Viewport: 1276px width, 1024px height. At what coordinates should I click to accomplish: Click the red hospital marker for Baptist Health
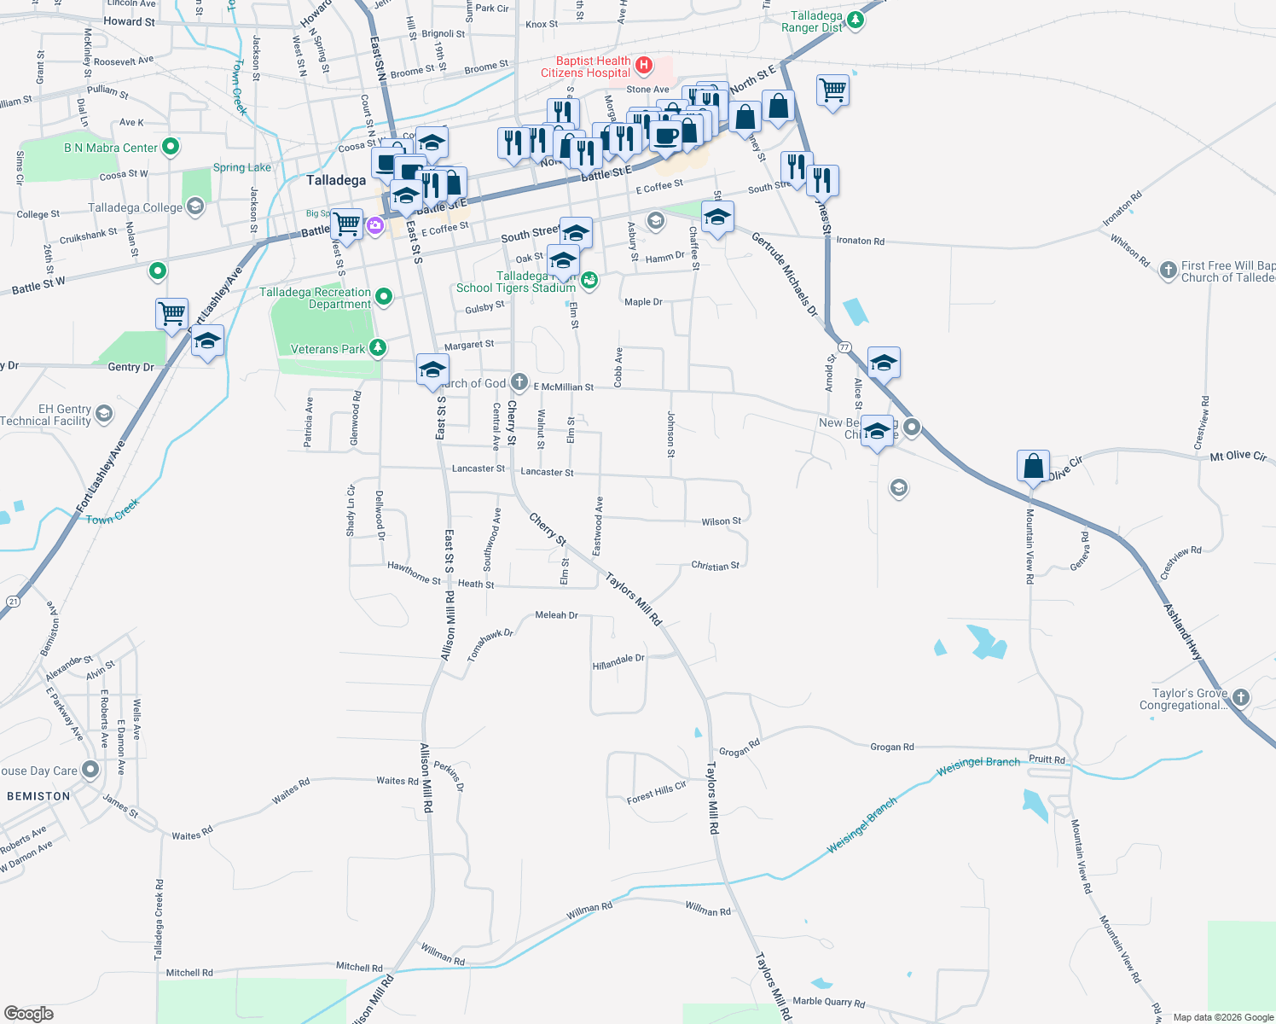coord(644,65)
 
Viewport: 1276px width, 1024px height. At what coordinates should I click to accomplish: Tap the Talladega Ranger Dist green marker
coord(855,19)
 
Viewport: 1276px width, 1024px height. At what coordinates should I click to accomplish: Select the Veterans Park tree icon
coord(377,347)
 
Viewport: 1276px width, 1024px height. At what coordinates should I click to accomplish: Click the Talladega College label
coord(136,207)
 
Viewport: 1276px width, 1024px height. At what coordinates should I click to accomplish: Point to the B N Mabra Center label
coord(111,148)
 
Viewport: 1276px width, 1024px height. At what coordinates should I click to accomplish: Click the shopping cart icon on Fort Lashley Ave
coord(172,313)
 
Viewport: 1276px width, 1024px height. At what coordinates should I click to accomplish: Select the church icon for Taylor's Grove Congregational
coord(1241,697)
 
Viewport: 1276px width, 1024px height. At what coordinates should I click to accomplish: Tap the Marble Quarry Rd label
coord(828,1002)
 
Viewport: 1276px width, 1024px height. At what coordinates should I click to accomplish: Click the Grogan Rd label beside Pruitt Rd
coord(891,747)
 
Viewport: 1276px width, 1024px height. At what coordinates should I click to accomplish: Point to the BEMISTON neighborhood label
coord(38,796)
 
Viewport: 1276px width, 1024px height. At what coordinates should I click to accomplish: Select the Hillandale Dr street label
coord(618,661)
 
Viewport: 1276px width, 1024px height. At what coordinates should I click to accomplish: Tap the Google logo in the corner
coord(28,1013)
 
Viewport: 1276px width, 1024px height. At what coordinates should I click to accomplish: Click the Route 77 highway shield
coord(844,347)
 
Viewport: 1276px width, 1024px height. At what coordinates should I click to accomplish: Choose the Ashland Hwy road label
coord(1183,631)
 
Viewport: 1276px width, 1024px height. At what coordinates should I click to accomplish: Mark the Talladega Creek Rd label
coord(159,920)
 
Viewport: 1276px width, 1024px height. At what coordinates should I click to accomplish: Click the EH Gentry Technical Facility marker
coord(104,415)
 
